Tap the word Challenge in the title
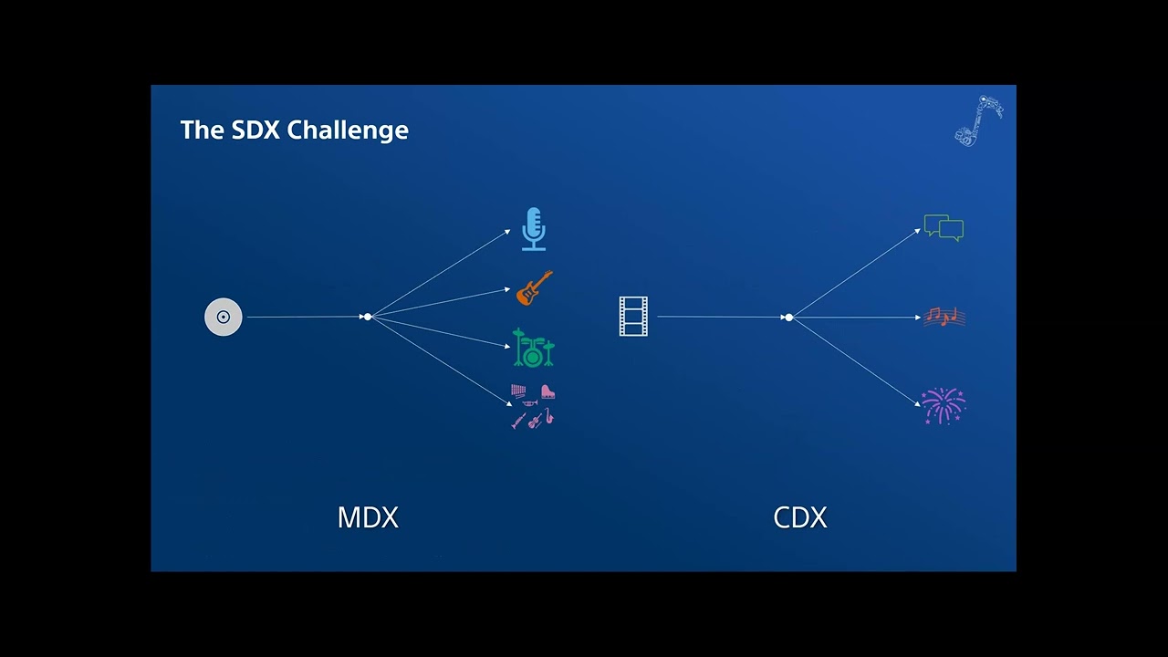[348, 130]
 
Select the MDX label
[368, 517]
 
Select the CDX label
[800, 517]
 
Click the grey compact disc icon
[224, 317]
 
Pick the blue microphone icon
[534, 229]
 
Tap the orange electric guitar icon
[534, 287]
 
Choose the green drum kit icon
[534, 348]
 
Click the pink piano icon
[547, 391]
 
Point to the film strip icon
[633, 317]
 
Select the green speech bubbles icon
[944, 228]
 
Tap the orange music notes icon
[944, 317]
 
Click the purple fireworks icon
[944, 406]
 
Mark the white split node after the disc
[368, 317]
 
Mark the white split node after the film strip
[789, 318]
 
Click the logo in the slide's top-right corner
[979, 121]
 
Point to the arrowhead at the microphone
[507, 232]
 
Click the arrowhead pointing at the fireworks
[918, 403]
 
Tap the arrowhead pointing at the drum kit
[507, 346]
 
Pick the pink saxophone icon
[549, 416]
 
